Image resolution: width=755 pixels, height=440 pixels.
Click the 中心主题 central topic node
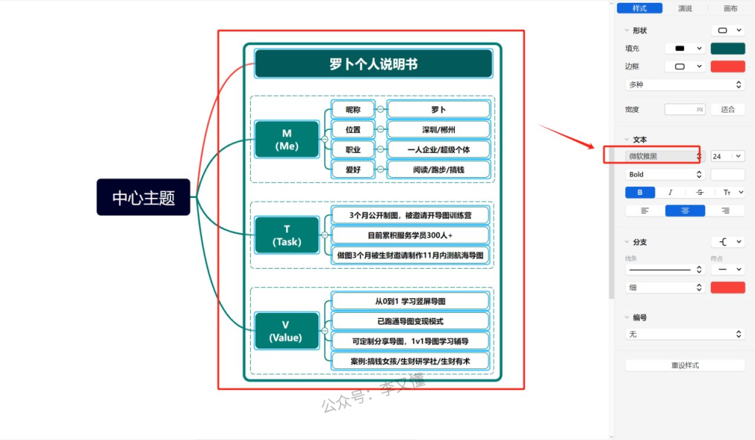tap(143, 197)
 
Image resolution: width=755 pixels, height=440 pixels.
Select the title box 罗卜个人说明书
tap(373, 63)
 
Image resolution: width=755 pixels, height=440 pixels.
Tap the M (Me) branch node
tap(287, 140)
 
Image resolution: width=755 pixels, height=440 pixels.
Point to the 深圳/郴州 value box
tap(438, 130)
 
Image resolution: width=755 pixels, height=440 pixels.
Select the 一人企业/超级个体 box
tap(438, 150)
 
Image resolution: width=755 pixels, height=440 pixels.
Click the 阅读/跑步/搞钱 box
tap(438, 170)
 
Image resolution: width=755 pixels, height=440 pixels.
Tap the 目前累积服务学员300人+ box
tap(410, 236)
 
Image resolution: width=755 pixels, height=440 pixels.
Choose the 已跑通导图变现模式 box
tap(410, 321)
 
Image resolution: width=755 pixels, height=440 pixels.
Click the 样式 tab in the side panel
tap(639, 8)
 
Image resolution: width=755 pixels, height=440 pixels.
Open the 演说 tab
tap(685, 8)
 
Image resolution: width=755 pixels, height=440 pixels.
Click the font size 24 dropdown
tap(727, 156)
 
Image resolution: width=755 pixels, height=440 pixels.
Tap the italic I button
tap(670, 192)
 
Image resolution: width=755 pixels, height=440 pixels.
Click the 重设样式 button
tap(684, 365)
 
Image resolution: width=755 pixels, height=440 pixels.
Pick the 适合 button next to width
tap(728, 109)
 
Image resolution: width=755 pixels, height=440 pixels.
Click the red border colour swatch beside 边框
tap(728, 66)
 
